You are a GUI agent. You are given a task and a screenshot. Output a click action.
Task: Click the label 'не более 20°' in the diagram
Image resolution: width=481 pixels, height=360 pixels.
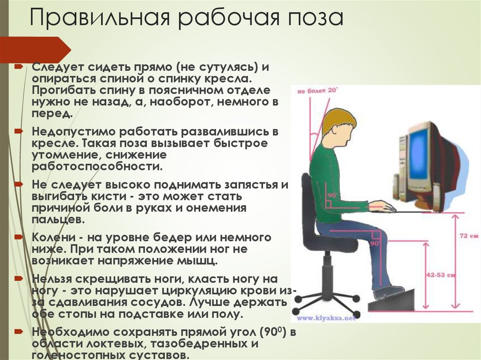pyautogui.click(x=318, y=92)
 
